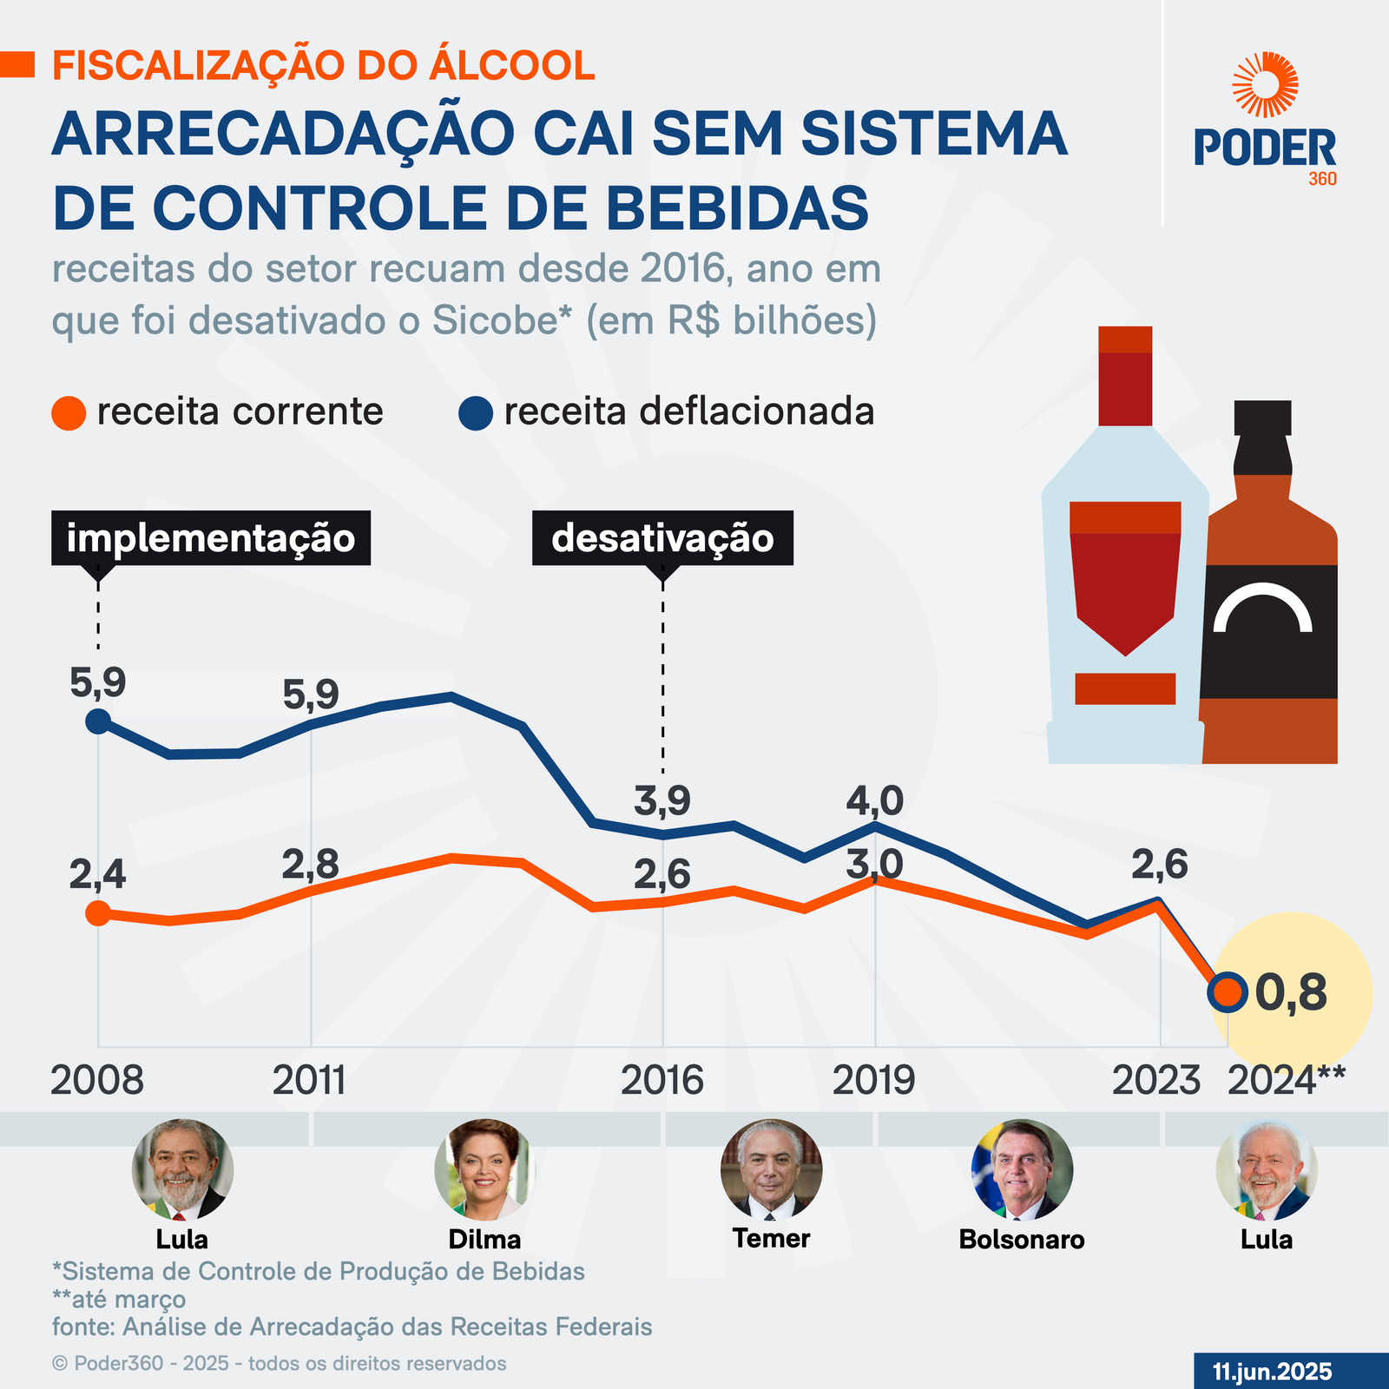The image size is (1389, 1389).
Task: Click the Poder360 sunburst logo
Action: pyautogui.click(x=1265, y=84)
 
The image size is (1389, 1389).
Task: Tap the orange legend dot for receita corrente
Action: pyautogui.click(x=69, y=412)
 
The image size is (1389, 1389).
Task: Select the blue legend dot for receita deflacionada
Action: pyautogui.click(x=475, y=412)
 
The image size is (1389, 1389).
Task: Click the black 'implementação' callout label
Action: pyautogui.click(x=211, y=538)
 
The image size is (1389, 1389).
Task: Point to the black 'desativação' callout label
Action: pyautogui.click(x=662, y=538)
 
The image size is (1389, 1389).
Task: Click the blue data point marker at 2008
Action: pyautogui.click(x=98, y=721)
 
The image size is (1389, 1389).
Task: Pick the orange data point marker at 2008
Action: pyautogui.click(x=98, y=913)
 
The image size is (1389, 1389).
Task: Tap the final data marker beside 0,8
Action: pyautogui.click(x=1228, y=991)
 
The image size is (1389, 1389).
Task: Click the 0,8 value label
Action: pyautogui.click(x=1292, y=993)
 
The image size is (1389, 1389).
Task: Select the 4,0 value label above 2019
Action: pyautogui.click(x=875, y=800)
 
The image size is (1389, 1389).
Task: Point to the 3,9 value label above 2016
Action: pyautogui.click(x=662, y=801)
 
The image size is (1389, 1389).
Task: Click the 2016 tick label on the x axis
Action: pyautogui.click(x=662, y=1081)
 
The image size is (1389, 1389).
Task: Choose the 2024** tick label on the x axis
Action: pyautogui.click(x=1287, y=1081)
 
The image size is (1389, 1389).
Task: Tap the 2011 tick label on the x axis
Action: pyautogui.click(x=310, y=1081)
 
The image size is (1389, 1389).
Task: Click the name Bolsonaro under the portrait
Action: pyautogui.click(x=1022, y=1240)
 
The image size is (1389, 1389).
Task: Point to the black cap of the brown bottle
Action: pyautogui.click(x=1262, y=418)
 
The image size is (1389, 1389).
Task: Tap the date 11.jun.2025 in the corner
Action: pyautogui.click(x=1272, y=1372)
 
